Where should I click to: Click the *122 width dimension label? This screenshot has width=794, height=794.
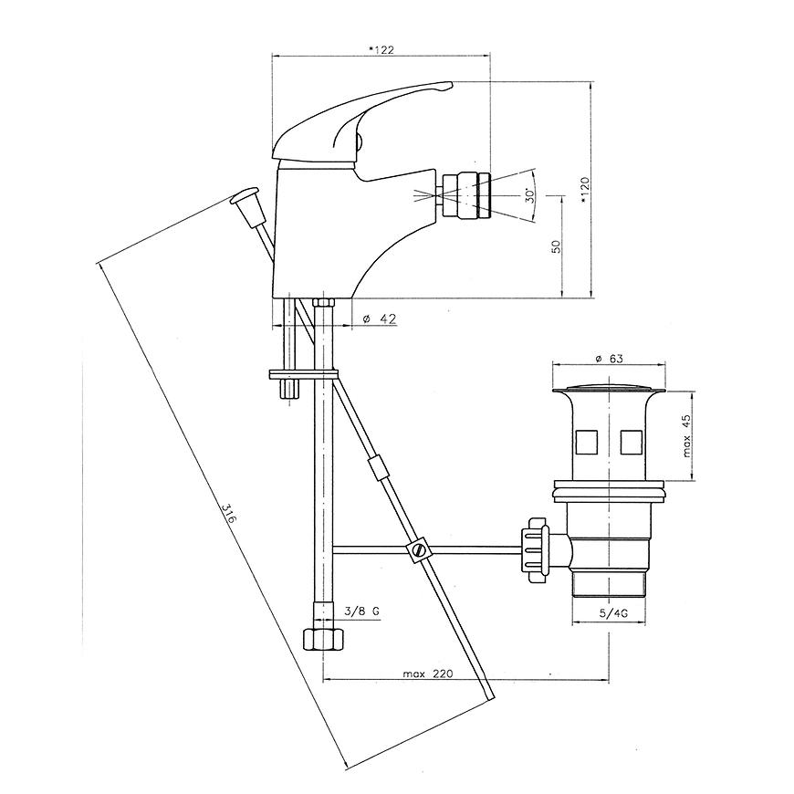click(x=381, y=49)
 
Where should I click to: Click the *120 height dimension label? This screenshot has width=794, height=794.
click(x=585, y=191)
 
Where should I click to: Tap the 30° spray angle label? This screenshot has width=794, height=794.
click(x=529, y=195)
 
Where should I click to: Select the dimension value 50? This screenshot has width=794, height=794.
click(x=556, y=246)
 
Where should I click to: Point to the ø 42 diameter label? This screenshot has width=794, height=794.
click(x=380, y=319)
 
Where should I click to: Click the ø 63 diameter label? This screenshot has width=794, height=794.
click(x=609, y=359)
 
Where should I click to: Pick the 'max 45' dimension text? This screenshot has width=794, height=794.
click(x=686, y=436)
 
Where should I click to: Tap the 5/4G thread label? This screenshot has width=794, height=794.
click(x=613, y=613)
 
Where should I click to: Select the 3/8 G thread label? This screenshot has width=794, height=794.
click(x=361, y=611)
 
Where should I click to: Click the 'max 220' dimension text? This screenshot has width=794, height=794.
click(x=428, y=674)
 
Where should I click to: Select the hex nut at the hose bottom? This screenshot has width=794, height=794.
click(x=322, y=639)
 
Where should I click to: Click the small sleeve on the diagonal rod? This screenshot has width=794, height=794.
click(x=377, y=466)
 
